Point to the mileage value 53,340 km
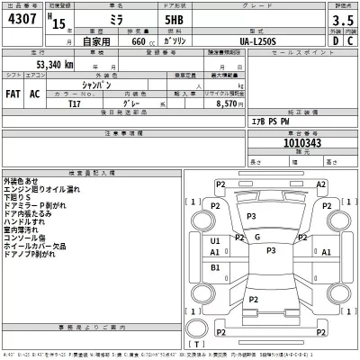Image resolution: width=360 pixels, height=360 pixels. click(x=55, y=65)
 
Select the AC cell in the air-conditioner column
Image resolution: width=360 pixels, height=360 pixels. click(x=35, y=92)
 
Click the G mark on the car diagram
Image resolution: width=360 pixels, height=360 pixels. click(x=257, y=237)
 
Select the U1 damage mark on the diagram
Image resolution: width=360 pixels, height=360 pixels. click(x=215, y=241)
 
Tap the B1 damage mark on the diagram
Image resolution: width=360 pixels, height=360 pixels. click(x=215, y=267)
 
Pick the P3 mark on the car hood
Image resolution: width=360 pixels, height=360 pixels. click(x=251, y=217)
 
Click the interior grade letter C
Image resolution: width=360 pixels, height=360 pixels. click(x=350, y=41)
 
